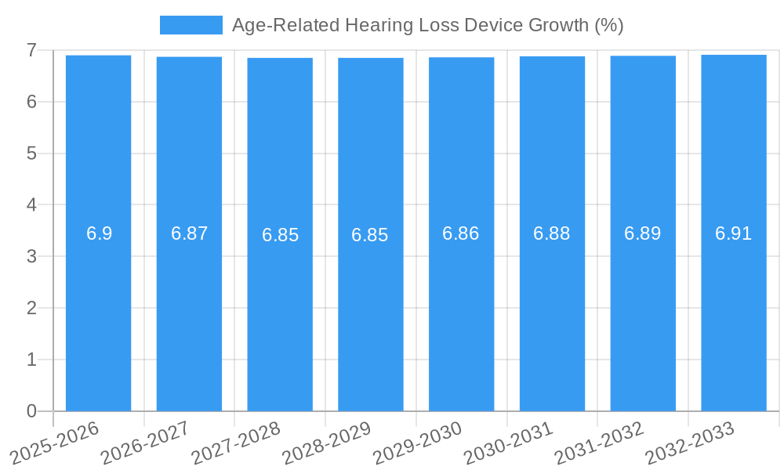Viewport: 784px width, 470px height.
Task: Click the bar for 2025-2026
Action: (98, 313)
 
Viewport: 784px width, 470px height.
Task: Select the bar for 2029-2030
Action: (461, 313)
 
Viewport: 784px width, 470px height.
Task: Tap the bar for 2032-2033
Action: (734, 313)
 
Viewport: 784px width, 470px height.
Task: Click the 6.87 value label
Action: (189, 233)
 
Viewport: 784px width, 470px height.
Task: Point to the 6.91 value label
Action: (734, 233)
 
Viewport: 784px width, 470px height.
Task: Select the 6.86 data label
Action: (461, 233)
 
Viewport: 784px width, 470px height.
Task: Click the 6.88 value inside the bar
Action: (552, 233)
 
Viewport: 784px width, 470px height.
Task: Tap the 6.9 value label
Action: (99, 233)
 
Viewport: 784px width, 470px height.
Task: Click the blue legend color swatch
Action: (191, 25)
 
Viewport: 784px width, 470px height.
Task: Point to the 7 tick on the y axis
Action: (31, 50)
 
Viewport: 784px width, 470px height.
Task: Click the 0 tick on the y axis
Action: (31, 411)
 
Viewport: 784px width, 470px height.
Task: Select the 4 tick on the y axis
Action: (31, 205)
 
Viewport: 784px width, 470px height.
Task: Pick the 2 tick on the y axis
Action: (31, 308)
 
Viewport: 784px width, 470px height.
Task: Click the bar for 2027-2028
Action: (280, 313)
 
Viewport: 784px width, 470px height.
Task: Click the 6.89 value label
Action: (643, 233)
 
